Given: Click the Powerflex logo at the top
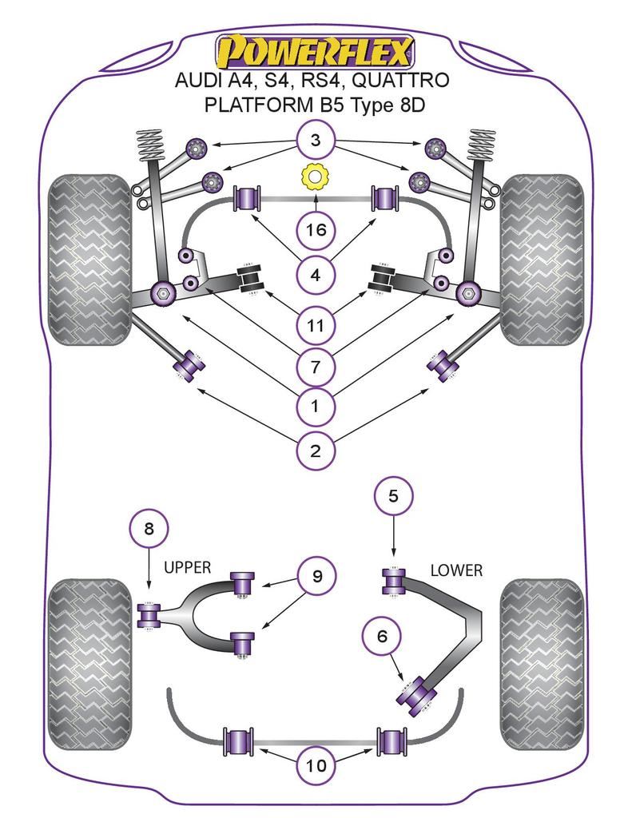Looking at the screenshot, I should tap(316, 52).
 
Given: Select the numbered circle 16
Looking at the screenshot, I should tap(316, 231).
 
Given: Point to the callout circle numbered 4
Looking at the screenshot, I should tap(316, 276).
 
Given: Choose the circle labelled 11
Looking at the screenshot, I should tap(316, 324).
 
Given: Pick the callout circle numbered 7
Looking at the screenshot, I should tap(316, 367).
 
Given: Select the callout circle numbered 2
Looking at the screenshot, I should tap(316, 451).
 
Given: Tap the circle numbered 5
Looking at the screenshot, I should tap(393, 496).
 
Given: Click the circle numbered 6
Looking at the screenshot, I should tap(382, 636).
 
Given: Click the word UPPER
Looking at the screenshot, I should tap(187, 568).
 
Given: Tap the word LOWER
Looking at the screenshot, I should tap(456, 570).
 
